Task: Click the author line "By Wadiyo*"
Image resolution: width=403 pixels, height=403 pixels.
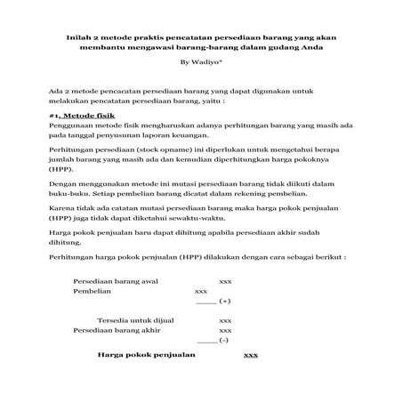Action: [200, 63]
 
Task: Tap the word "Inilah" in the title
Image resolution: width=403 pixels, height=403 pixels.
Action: [78, 36]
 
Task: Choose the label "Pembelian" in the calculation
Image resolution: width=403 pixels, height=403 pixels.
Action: [93, 291]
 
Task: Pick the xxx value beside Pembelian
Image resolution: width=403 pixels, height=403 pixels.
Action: [200, 291]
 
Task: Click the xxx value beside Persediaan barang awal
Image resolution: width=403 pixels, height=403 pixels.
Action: [225, 280]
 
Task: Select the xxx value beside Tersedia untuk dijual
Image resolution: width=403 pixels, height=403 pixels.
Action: [225, 319]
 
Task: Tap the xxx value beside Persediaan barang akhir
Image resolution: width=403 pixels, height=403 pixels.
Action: [225, 330]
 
